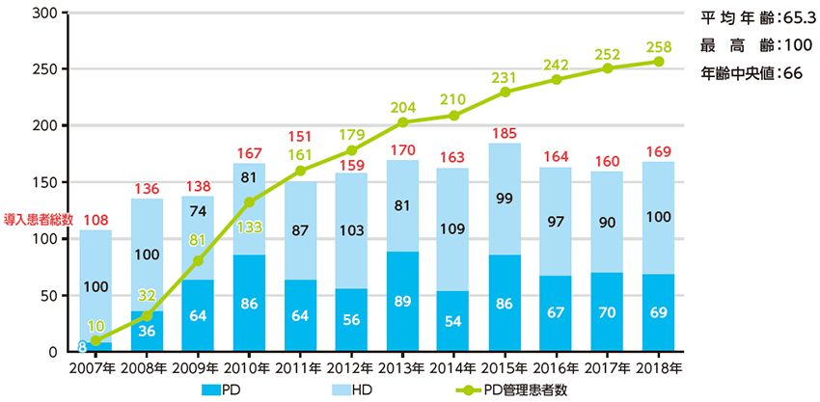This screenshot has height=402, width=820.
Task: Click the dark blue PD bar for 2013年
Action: (402, 301)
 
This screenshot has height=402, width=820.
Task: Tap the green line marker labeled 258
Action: (659, 61)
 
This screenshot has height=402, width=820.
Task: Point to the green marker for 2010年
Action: (249, 201)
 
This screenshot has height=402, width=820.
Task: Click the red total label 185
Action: (506, 132)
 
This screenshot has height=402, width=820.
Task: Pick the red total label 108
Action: (95, 219)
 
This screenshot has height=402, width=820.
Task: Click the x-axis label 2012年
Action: (351, 367)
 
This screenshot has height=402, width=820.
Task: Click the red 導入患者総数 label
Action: (39, 219)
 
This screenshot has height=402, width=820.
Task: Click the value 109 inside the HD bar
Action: (453, 229)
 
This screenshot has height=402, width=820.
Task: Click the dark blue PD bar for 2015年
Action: (506, 303)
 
